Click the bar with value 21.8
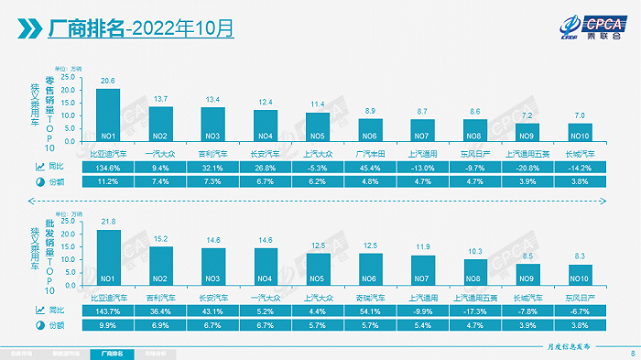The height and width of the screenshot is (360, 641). [x=108, y=256]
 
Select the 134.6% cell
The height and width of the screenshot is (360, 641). [x=108, y=167]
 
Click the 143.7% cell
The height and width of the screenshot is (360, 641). [x=108, y=310]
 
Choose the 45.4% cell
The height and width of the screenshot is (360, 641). [x=370, y=167]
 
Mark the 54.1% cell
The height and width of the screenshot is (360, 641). [x=370, y=310]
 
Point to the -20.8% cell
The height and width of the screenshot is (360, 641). [x=528, y=167]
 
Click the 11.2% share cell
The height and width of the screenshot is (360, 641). [x=108, y=181]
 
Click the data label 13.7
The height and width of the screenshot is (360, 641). [x=161, y=98]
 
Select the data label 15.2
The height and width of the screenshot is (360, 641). [x=161, y=239]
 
